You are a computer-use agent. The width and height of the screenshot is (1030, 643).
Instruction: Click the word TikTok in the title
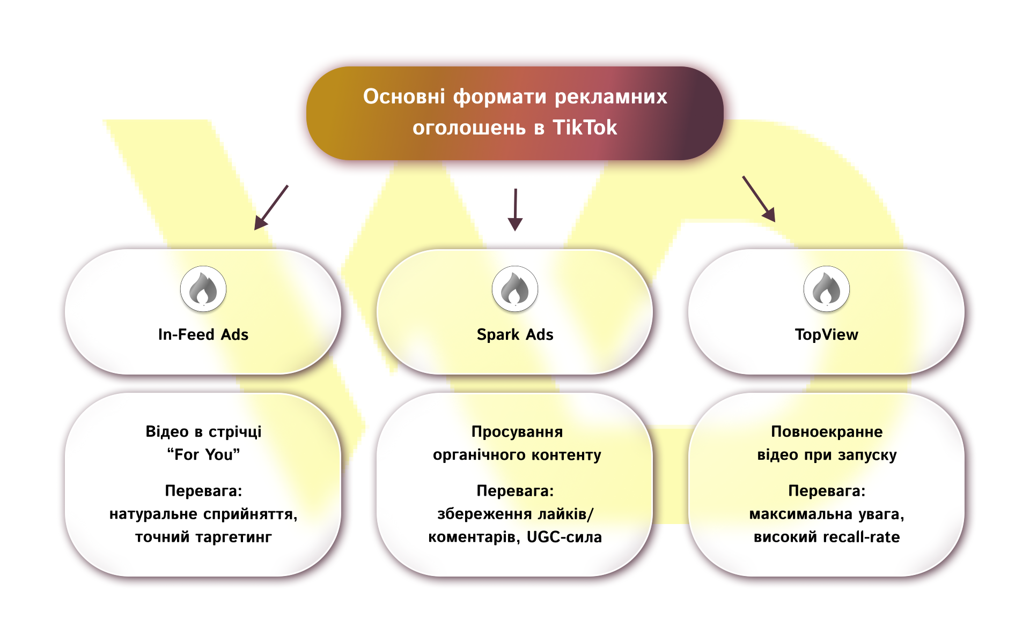click(x=585, y=128)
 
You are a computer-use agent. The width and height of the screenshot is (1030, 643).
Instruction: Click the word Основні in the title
click(x=404, y=96)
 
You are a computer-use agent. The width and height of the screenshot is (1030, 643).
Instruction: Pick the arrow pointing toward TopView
click(x=759, y=199)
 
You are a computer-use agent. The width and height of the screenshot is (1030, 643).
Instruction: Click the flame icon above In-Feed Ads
click(x=203, y=289)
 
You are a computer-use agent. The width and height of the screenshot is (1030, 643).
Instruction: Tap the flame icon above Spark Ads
click(x=515, y=289)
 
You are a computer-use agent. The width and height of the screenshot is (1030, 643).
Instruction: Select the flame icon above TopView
click(x=827, y=289)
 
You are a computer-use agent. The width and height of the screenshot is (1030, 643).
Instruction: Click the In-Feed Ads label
click(x=203, y=334)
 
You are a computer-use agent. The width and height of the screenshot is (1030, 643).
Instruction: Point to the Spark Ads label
click(x=515, y=334)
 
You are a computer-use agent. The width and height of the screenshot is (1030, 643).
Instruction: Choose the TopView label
click(x=827, y=334)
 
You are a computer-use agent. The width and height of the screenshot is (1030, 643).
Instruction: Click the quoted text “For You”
click(x=203, y=454)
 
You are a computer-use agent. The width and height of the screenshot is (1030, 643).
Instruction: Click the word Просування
click(x=517, y=431)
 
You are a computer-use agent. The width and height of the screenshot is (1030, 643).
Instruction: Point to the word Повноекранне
click(x=827, y=431)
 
